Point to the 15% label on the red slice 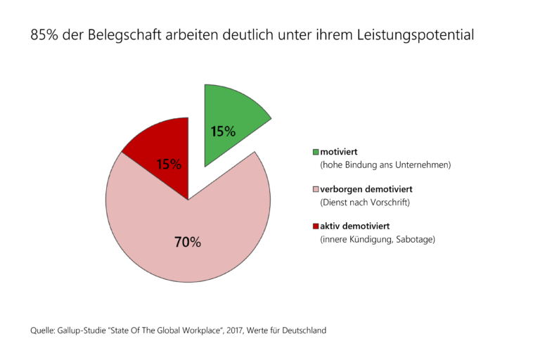click(169, 165)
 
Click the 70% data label click(188, 243)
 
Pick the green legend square click(315, 151)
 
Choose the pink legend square click(315, 189)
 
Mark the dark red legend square click(315, 226)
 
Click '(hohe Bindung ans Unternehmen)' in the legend click(385, 165)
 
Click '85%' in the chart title click(44, 34)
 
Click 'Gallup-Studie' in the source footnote click(84, 330)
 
